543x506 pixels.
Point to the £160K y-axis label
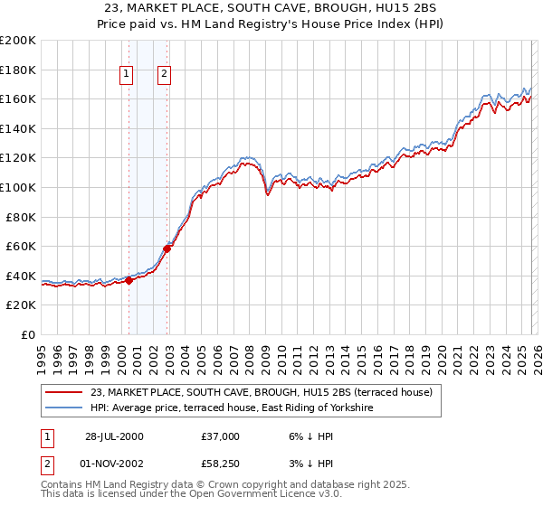(18, 98)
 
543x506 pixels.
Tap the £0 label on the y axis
(28, 334)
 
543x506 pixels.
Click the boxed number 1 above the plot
(126, 75)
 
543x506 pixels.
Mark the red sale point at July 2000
(129, 280)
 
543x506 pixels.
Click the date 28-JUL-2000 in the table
(114, 436)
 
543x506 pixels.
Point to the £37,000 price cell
(221, 436)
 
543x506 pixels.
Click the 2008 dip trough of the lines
(268, 193)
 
